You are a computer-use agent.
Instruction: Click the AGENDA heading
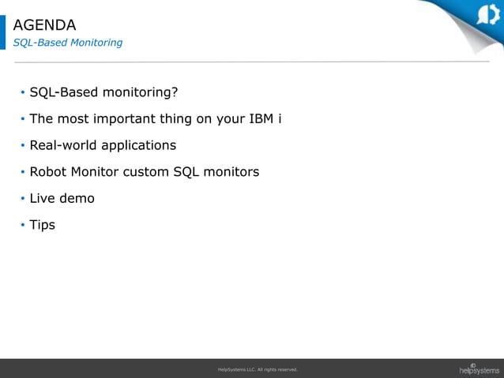pyautogui.click(x=44, y=25)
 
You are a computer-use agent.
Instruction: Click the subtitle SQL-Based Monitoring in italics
pyautogui.click(x=67, y=43)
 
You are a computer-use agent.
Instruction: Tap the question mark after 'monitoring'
pyautogui.click(x=175, y=92)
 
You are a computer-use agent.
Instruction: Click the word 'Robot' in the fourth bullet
pyautogui.click(x=48, y=171)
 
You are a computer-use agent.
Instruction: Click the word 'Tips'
pyautogui.click(x=42, y=225)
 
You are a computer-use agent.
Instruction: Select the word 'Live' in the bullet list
pyautogui.click(x=43, y=198)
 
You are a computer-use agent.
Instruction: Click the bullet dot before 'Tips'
pyautogui.click(x=22, y=226)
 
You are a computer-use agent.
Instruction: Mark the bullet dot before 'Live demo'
pyautogui.click(x=22, y=199)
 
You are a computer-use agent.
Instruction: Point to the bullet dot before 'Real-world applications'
pyautogui.click(x=22, y=146)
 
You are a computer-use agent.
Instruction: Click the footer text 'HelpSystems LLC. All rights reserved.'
pyautogui.click(x=258, y=369)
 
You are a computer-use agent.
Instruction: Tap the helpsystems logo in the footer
pyautogui.click(x=479, y=369)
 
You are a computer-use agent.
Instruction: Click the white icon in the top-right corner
pyautogui.click(x=488, y=15)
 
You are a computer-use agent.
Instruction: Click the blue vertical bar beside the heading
pyautogui.click(x=2, y=32)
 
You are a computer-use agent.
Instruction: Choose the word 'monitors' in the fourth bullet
pyautogui.click(x=230, y=171)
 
